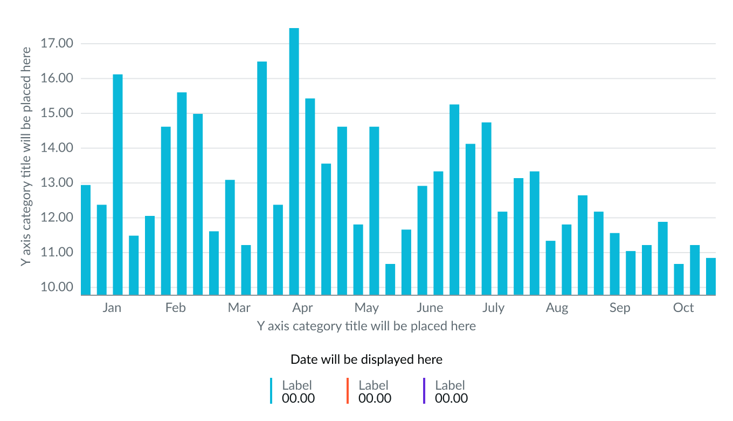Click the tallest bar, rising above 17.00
294,162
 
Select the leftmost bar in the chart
86,240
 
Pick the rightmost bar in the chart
711,276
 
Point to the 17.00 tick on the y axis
57,44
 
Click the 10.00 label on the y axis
57,287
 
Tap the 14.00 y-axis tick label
57,148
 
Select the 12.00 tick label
57,218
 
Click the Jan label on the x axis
112,308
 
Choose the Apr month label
302,308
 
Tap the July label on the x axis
493,308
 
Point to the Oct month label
683,308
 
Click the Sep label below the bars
620,308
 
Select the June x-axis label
430,308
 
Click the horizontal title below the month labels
366,326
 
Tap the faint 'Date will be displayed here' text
366,359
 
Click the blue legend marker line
272,391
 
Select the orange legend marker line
348,391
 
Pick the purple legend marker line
425,391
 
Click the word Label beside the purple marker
450,385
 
